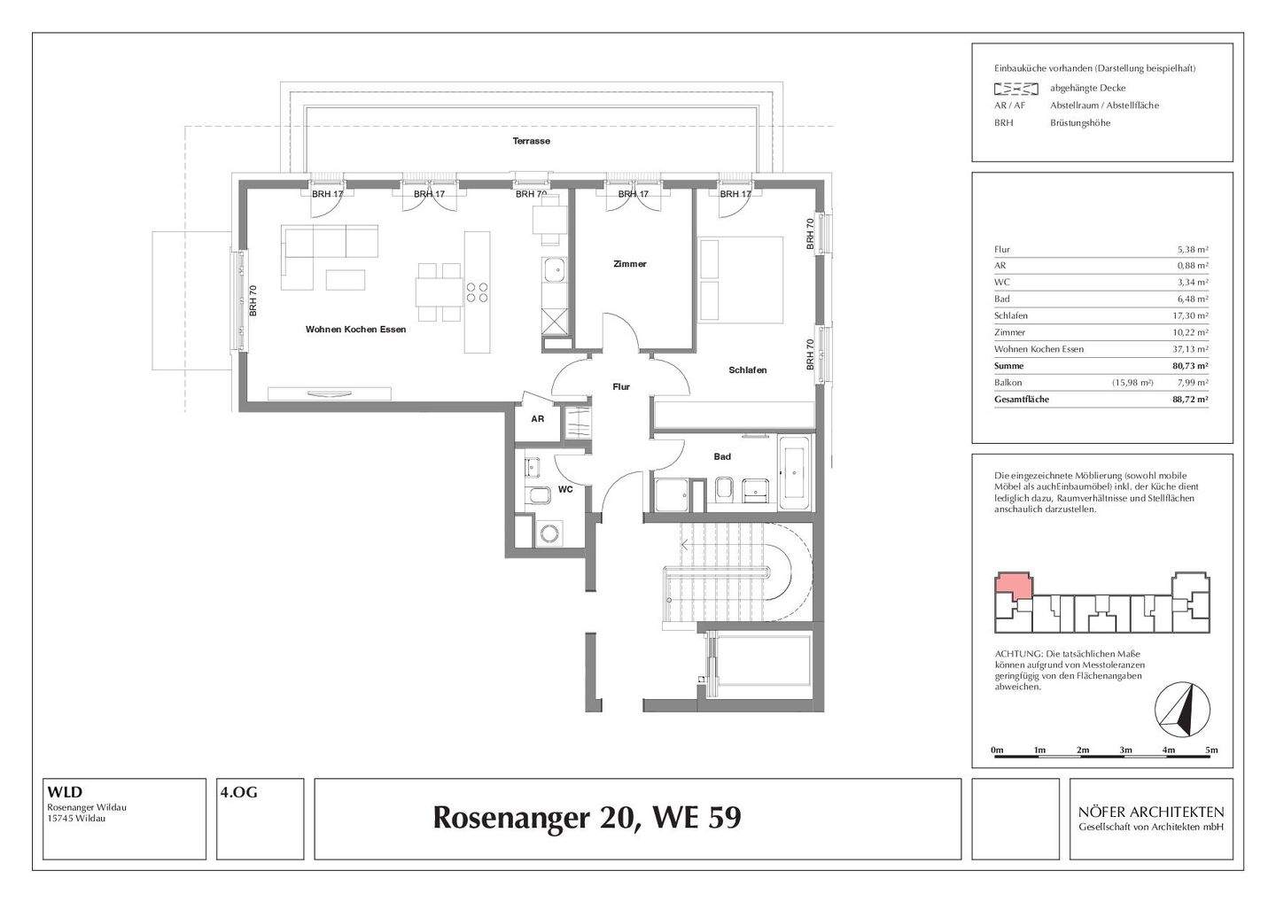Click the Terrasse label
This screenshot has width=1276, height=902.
(x=531, y=141)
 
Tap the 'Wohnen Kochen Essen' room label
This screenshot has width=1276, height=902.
(x=355, y=330)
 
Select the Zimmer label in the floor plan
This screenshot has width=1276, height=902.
(x=630, y=264)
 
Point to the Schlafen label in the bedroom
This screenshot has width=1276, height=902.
(x=748, y=370)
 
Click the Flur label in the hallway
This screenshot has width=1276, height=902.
(x=621, y=387)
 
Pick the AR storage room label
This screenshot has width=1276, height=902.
(x=538, y=419)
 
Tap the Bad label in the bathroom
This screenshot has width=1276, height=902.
(x=722, y=456)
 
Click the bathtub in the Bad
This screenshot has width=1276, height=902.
(x=793, y=474)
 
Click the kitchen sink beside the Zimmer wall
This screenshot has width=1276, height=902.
(x=555, y=268)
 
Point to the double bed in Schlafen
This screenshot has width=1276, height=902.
(x=742, y=279)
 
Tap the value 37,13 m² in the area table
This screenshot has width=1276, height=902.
(x=1190, y=349)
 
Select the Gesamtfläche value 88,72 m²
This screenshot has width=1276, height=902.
(x=1189, y=400)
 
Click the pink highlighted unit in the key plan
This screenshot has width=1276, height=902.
(x=1013, y=586)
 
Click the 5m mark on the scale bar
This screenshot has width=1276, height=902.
(x=1211, y=750)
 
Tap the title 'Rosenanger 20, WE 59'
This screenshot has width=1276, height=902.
(x=587, y=818)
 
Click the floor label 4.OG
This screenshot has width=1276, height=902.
(x=239, y=793)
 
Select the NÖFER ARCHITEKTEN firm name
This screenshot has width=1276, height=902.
(x=1151, y=812)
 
